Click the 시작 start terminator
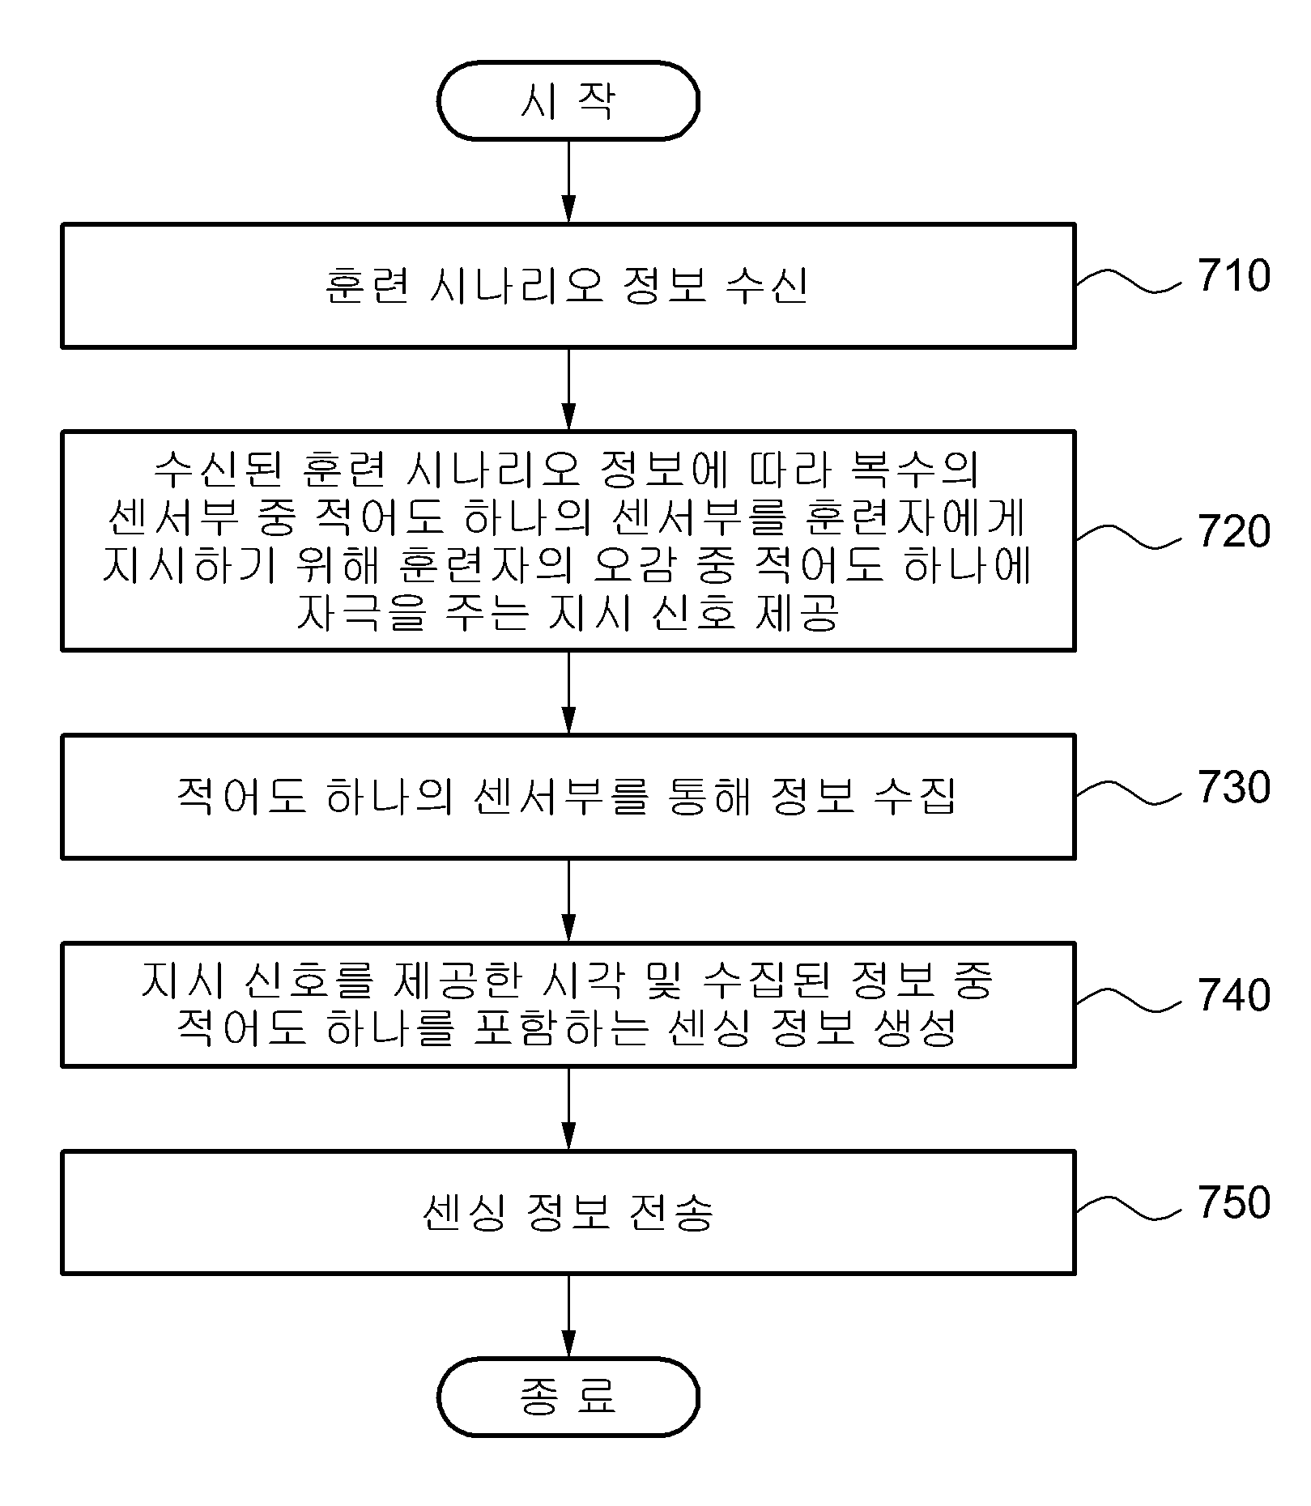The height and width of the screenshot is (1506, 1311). [568, 101]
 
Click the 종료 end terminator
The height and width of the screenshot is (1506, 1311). [568, 1397]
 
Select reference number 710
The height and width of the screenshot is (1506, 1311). [1234, 275]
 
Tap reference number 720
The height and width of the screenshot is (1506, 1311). [1234, 531]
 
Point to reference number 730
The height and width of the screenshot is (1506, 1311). [1234, 787]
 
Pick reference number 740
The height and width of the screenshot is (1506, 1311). [1234, 995]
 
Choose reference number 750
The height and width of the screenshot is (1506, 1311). [1234, 1202]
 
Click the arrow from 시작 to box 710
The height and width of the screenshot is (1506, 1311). [568, 181]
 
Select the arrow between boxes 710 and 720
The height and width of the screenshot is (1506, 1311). [568, 389]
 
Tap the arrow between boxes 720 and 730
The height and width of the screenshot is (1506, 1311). [568, 692]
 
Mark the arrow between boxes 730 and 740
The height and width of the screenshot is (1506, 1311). [568, 900]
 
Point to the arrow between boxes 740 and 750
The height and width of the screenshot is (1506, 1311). [568, 1108]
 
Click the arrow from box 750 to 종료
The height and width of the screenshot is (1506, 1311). [568, 1316]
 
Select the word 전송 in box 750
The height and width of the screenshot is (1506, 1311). [670, 1212]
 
